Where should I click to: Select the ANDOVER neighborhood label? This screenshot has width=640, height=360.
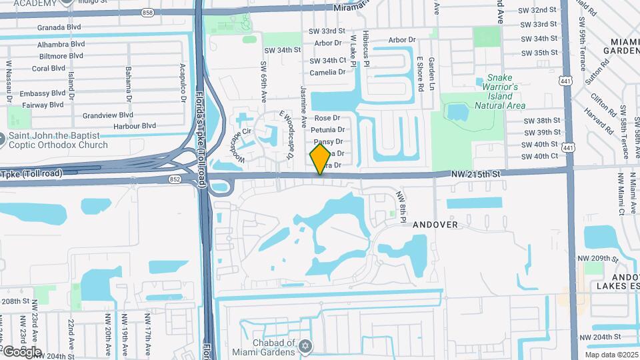coord(435,225)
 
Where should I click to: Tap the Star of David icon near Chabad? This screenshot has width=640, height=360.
coord(307,347)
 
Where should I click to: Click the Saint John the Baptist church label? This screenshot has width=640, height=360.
coord(58,141)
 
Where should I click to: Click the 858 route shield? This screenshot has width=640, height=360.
coord(147,13)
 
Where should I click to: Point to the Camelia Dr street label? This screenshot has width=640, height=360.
coord(328,73)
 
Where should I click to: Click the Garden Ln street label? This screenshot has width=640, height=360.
coord(432,71)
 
